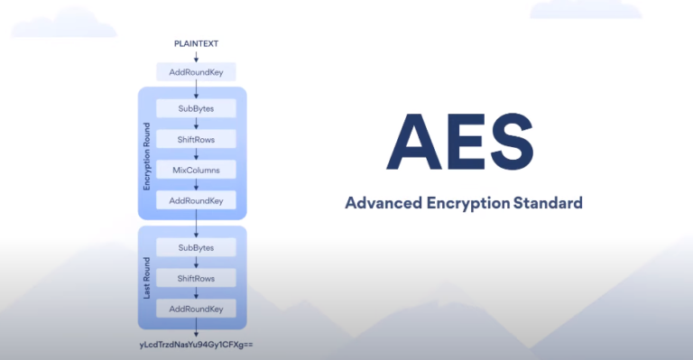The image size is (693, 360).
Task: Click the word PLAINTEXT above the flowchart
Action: [x=196, y=43]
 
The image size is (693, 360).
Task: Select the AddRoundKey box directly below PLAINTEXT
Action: [x=196, y=70]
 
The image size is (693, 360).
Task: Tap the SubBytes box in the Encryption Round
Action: [x=196, y=107]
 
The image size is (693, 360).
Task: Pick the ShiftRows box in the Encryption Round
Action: [x=196, y=138]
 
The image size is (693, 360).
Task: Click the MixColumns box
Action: [x=196, y=169]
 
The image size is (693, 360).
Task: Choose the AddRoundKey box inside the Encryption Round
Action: [x=196, y=199]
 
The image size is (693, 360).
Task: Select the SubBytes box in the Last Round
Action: [x=196, y=247]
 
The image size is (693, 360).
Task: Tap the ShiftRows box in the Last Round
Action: [x=196, y=278]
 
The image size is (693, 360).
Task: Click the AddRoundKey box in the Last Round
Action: [x=196, y=309]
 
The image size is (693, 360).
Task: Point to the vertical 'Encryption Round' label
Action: [x=146, y=153]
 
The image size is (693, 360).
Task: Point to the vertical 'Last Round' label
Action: [x=146, y=278]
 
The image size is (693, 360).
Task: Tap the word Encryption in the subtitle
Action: [x=467, y=202]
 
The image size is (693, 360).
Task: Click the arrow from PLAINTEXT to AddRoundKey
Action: [x=196, y=57]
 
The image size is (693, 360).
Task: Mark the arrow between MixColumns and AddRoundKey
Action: [x=196, y=184]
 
